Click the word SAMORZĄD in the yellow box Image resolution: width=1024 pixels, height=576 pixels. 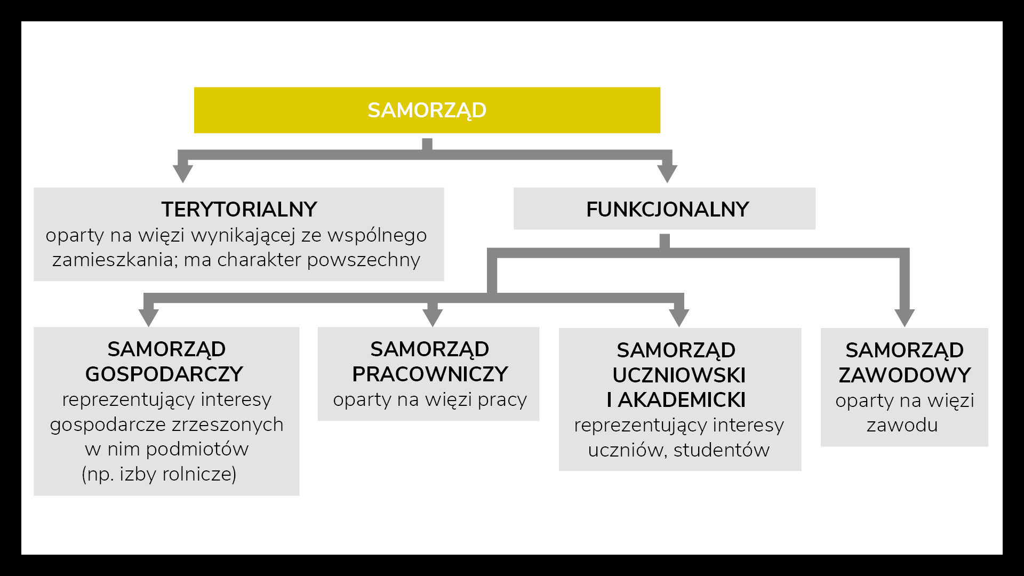click(x=427, y=110)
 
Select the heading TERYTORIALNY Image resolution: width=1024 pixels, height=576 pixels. click(x=239, y=210)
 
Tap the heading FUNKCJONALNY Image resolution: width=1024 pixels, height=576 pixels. click(x=667, y=210)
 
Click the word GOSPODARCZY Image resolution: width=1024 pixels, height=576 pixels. click(x=164, y=374)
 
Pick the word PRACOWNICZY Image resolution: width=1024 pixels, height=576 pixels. click(x=430, y=374)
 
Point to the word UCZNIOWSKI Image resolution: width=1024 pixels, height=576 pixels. click(x=679, y=375)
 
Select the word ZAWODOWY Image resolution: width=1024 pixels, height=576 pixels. click(x=905, y=375)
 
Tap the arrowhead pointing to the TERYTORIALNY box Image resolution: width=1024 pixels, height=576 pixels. click(x=182, y=173)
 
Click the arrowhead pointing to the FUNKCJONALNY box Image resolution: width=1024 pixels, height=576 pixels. click(x=667, y=173)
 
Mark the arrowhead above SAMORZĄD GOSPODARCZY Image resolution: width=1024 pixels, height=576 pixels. click(x=148, y=317)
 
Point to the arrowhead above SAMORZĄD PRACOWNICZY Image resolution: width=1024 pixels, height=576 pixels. click(x=433, y=317)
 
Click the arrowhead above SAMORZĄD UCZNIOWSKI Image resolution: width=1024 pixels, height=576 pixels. click(x=679, y=317)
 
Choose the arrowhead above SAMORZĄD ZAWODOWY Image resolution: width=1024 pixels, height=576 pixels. click(x=905, y=317)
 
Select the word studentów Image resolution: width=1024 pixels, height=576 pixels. click(x=722, y=451)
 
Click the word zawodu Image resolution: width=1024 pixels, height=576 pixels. click(x=902, y=426)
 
